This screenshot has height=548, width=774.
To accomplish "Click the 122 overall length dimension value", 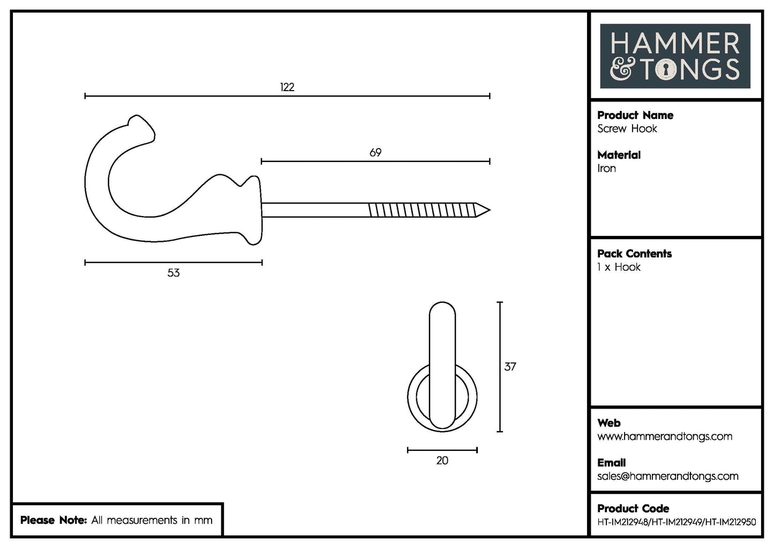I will click(287, 87).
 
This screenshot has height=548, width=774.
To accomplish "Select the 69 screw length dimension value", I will click(375, 153).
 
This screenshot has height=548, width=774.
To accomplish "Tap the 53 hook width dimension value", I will click(173, 273).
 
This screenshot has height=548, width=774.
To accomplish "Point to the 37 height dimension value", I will click(510, 367).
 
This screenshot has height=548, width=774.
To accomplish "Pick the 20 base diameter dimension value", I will click(442, 461).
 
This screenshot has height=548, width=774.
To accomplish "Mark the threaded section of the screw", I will click(423, 210).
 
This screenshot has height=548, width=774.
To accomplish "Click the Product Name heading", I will click(635, 115).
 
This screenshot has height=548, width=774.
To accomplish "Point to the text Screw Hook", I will click(627, 129).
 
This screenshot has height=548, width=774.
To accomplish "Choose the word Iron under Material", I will click(606, 168).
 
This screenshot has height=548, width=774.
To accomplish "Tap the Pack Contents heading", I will click(634, 254).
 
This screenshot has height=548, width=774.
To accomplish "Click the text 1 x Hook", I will click(619, 267).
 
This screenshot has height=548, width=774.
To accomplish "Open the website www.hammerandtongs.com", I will click(664, 436).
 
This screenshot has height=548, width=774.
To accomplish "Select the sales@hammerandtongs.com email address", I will click(667, 476).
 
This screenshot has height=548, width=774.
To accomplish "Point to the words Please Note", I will click(53, 520).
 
